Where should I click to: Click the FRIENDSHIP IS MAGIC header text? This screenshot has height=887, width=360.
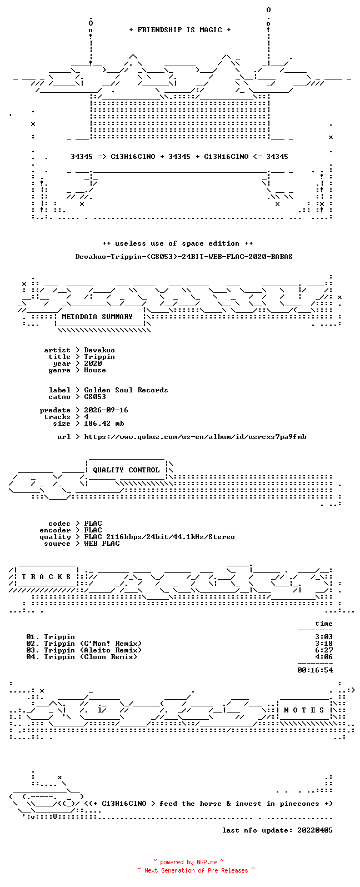click(180, 29)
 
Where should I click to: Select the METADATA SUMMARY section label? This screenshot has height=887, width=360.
click(97, 316)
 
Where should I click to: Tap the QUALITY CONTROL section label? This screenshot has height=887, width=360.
click(126, 470)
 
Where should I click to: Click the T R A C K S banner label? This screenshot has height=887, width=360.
click(46, 576)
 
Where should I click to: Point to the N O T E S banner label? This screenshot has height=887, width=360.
click(304, 710)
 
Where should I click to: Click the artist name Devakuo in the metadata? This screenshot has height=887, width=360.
click(99, 350)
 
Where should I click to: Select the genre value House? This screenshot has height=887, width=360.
click(95, 370)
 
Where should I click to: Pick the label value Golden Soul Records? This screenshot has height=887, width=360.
click(126, 390)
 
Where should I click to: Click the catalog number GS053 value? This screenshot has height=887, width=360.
click(95, 397)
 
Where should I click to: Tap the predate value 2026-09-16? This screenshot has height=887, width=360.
click(106, 410)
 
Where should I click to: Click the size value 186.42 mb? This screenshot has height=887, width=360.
click(104, 423)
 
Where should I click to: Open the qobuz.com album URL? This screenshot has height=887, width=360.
click(195, 437)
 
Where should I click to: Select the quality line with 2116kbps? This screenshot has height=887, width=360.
click(159, 536)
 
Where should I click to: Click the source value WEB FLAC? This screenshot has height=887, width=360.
click(102, 544)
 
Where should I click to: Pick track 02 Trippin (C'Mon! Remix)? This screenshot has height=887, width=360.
click(84, 644)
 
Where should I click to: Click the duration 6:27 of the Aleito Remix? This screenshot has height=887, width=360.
click(324, 650)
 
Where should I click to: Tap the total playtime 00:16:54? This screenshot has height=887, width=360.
click(315, 670)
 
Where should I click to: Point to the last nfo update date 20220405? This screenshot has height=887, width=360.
click(315, 830)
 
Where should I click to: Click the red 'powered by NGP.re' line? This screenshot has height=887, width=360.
click(188, 862)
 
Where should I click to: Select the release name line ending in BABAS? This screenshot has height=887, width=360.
click(184, 257)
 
